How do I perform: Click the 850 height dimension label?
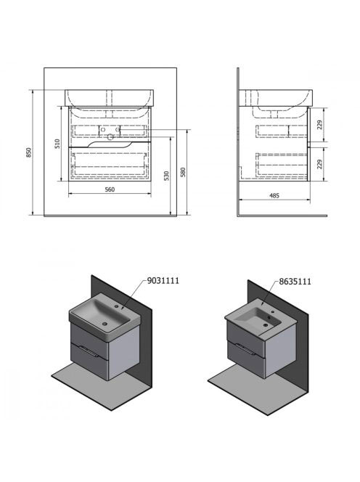[28, 152]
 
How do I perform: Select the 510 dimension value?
[57, 144]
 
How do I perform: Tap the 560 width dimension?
[110, 189]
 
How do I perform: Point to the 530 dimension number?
[166, 176]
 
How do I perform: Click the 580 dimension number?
[183, 173]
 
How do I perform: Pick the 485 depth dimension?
[274, 195]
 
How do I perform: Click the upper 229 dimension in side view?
[320, 125]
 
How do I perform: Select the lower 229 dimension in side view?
[320, 164]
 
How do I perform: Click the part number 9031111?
[163, 281]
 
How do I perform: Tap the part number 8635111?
[295, 281]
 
